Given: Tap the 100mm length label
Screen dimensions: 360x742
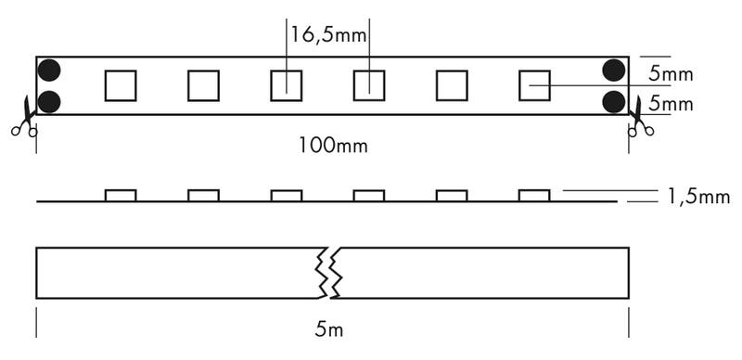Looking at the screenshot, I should pyautogui.click(x=330, y=146).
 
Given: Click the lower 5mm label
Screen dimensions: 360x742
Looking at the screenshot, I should pyautogui.click(x=671, y=104).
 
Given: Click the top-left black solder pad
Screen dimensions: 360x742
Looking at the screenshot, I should pyautogui.click(x=48, y=70).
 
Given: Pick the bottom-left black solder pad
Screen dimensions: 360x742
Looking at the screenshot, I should pyautogui.click(x=48, y=101).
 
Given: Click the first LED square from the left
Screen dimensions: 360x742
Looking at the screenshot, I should pyautogui.click(x=121, y=84).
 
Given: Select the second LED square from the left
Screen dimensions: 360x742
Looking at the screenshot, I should pyautogui.click(x=203, y=84).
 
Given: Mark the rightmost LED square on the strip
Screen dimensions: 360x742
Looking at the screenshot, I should pyautogui.click(x=534, y=84).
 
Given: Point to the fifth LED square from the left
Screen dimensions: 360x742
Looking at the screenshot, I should pyautogui.click(x=452, y=84).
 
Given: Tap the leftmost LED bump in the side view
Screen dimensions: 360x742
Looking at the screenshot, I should pyautogui.click(x=121, y=195).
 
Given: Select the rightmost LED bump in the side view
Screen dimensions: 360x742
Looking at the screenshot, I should pyautogui.click(x=534, y=195).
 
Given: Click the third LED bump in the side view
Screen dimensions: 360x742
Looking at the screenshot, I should pyautogui.click(x=286, y=195).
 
